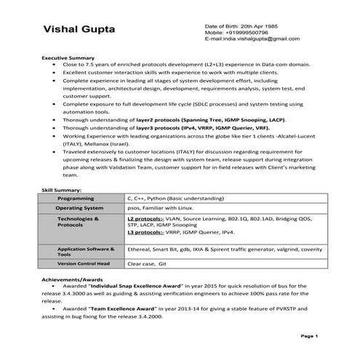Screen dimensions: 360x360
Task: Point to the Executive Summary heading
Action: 68,57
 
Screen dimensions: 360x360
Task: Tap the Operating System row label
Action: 79,207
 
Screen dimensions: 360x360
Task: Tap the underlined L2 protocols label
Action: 145,217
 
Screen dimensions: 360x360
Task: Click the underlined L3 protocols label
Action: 145,233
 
